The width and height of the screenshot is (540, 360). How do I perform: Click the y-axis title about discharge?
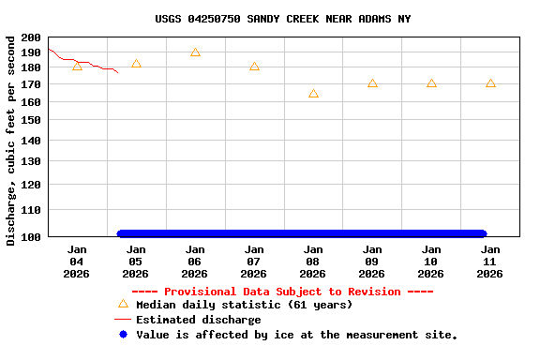(x=10, y=141)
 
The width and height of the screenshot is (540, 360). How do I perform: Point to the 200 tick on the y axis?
(x=30, y=37)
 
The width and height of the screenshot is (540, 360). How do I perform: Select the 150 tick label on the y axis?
(x=30, y=121)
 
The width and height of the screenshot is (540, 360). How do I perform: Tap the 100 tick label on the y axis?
(x=30, y=236)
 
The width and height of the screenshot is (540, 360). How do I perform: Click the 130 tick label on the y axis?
(x=30, y=161)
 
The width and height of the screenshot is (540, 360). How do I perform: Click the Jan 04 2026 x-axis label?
(x=77, y=262)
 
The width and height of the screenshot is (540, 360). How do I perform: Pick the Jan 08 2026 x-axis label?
(x=313, y=262)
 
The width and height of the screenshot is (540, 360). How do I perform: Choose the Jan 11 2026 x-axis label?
(x=490, y=262)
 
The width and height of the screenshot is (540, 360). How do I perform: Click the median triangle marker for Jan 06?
(x=195, y=52)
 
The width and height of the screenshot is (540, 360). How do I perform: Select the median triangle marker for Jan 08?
(x=313, y=94)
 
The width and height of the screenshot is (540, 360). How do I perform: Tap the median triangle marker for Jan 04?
(x=77, y=67)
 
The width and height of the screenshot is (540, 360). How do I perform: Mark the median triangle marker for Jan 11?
(x=490, y=83)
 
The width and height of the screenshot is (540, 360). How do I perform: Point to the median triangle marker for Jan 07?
(x=254, y=67)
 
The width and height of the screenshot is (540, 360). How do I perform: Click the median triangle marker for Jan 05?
(x=136, y=64)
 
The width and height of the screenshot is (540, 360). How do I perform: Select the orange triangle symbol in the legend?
(x=123, y=304)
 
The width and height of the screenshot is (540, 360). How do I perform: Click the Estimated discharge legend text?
(x=198, y=320)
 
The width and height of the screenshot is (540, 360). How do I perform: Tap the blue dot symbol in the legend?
(x=123, y=335)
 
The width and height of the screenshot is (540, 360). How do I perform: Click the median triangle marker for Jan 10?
(x=431, y=83)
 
